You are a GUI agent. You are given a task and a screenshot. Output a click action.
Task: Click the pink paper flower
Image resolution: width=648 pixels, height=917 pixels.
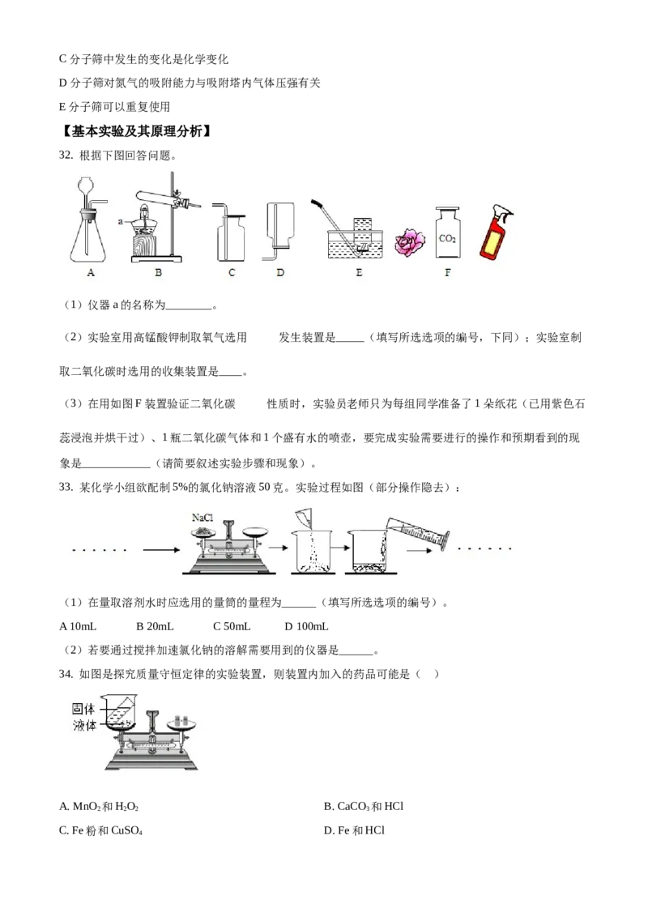[410, 243]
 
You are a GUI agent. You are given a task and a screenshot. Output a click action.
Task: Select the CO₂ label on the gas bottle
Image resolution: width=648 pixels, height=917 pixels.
[447, 239]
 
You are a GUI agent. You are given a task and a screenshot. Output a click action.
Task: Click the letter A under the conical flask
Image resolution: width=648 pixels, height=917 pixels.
[91, 272]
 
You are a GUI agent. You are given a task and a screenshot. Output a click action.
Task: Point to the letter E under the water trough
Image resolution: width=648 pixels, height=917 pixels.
[359, 272]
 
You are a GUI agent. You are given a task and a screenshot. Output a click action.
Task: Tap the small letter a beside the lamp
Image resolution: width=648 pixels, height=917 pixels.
[121, 222]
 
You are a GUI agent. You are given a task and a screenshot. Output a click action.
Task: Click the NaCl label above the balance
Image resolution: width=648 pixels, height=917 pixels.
[202, 518]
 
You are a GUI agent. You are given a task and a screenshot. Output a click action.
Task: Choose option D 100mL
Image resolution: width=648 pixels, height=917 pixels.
[306, 626]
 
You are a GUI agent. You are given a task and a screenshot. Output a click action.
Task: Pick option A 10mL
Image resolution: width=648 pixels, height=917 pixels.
[78, 626]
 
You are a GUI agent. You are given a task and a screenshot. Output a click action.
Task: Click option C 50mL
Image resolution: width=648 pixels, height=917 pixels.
[232, 626]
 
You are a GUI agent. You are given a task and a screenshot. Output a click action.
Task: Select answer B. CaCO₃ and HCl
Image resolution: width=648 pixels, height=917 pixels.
[364, 807]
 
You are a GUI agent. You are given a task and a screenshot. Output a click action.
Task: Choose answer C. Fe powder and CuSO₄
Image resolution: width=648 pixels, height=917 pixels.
[100, 830]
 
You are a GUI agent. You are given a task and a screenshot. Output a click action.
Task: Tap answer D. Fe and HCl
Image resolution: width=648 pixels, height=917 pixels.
[355, 830]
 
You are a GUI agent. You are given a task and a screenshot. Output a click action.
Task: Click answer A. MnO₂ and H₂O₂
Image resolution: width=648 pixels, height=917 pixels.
[99, 807]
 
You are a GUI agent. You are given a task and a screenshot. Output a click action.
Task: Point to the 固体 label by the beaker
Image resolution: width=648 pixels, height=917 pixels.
[83, 709]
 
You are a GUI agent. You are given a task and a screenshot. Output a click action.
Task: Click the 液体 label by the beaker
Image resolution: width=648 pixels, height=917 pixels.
[83, 726]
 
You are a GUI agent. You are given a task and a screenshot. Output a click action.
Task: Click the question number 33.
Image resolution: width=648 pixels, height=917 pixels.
[66, 487]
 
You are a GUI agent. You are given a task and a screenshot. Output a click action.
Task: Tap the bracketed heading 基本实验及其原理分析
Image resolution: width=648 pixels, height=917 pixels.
[136, 131]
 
